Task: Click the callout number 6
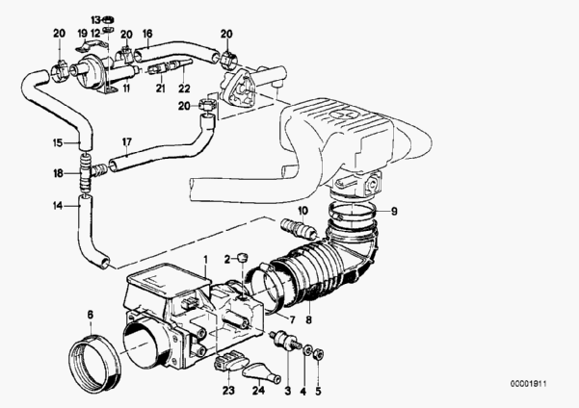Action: [x=90, y=314]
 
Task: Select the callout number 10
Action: [x=302, y=211]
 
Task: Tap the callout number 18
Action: [x=59, y=174]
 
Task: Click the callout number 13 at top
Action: [x=95, y=19]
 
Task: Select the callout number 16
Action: [x=147, y=33]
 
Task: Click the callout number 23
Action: [x=228, y=391]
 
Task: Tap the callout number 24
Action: [x=258, y=391]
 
